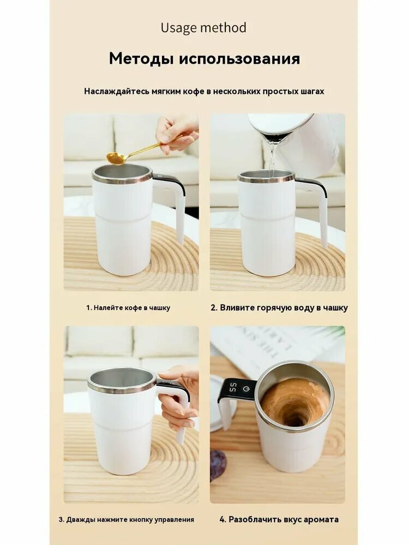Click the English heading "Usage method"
click(x=203, y=28)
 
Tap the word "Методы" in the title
click(x=141, y=58)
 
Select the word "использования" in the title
click(x=239, y=58)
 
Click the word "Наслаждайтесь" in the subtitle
click(x=117, y=92)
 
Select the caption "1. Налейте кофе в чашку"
click(x=128, y=307)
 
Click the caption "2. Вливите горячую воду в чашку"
click(x=279, y=307)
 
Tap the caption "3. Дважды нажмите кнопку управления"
click(x=127, y=520)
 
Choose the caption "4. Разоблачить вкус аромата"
click(x=279, y=519)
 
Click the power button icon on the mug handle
click(x=246, y=389)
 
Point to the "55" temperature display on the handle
click(x=233, y=388)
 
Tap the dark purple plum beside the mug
click(x=218, y=461)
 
